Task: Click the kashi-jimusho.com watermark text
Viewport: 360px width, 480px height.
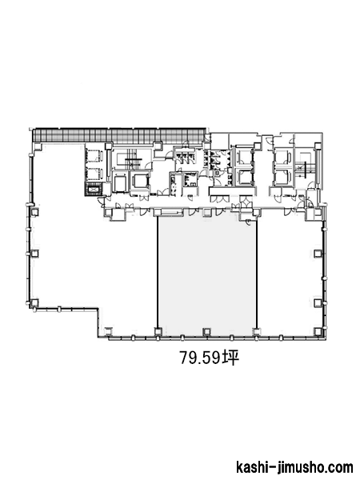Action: point(294,468)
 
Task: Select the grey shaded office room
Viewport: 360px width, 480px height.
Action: point(207,273)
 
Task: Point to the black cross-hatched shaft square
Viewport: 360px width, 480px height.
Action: point(94,190)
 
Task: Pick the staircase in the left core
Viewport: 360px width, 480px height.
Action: point(132,159)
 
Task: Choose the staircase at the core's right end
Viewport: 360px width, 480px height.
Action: point(304,167)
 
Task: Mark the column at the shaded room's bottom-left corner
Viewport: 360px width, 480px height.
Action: point(158,331)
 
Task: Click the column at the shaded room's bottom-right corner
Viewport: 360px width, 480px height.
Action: point(256,331)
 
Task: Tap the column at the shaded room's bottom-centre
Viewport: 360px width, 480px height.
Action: point(207,331)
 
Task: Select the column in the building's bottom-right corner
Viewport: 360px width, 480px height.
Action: point(319,331)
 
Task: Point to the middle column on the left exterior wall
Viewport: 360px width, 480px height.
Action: point(34,254)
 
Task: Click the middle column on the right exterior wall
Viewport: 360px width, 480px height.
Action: point(318,253)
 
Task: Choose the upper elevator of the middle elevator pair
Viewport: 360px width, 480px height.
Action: point(244,157)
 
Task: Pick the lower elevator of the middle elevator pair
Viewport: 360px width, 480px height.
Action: point(244,177)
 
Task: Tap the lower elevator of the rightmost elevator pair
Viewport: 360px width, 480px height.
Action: point(282,177)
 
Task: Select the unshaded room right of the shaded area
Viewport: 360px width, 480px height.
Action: point(290,273)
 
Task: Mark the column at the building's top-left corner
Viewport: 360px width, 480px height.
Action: point(38,147)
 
